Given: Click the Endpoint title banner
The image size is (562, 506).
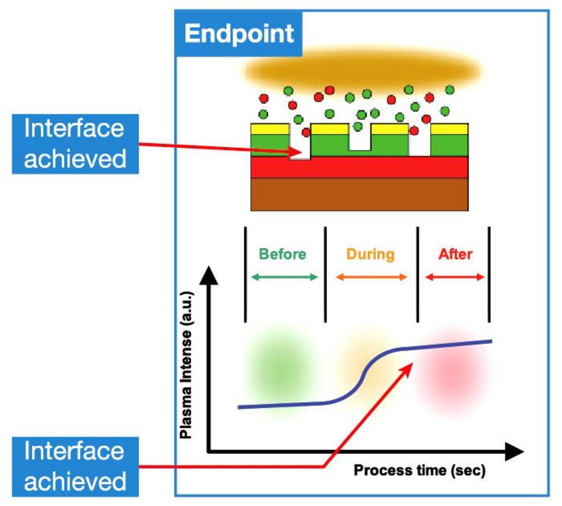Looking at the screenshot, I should [x=239, y=34].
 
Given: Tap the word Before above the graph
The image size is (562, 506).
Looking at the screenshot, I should [x=282, y=254].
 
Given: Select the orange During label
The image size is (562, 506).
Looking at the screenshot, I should [x=370, y=254].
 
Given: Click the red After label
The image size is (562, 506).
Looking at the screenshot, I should [x=455, y=254].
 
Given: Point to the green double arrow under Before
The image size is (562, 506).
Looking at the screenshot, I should [x=284, y=277].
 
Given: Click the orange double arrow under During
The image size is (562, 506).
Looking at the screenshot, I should [x=371, y=277].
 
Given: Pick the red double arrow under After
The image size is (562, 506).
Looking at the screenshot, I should [x=454, y=277].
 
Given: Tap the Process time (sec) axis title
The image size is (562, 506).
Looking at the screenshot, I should [x=419, y=470].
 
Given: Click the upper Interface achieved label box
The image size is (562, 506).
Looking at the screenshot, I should [x=75, y=143].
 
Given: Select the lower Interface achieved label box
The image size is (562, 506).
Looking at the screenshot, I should [x=75, y=466].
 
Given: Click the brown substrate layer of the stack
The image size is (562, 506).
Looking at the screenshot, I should [x=359, y=194].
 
